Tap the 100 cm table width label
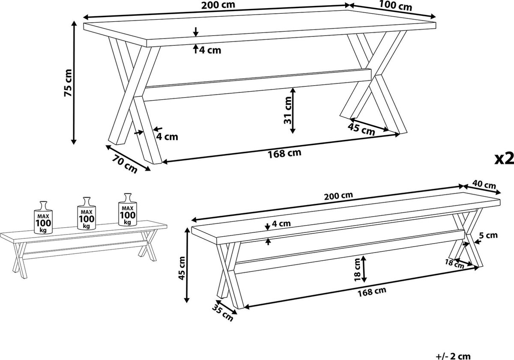coord(395,6)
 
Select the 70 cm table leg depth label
coord(125,163)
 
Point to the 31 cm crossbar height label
coord(287,110)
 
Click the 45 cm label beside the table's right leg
coord(361,130)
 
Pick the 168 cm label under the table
coord(284,153)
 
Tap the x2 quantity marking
coord(504,158)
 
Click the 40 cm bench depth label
coord(484,184)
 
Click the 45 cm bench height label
coord(182,268)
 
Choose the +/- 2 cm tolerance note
coord(453,356)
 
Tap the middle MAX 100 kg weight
coord(87,213)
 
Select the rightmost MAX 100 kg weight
coord(128,210)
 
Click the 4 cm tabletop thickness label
coord(210,50)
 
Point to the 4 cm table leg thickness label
coord(167,137)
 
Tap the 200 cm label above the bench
coord(338,196)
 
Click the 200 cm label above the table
coord(218,5)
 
